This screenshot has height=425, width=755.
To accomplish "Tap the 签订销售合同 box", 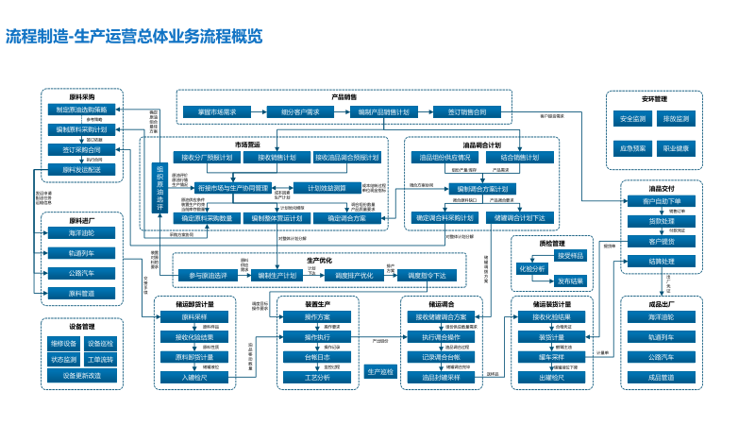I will tap(466, 111).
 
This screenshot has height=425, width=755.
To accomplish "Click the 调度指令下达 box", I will tap(433, 276).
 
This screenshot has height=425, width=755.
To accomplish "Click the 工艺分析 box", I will tap(317, 378).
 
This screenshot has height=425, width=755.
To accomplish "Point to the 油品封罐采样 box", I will tap(441, 378).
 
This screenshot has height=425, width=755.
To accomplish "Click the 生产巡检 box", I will tap(379, 371).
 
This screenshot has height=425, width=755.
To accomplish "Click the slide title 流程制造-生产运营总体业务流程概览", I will tap(134, 37).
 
